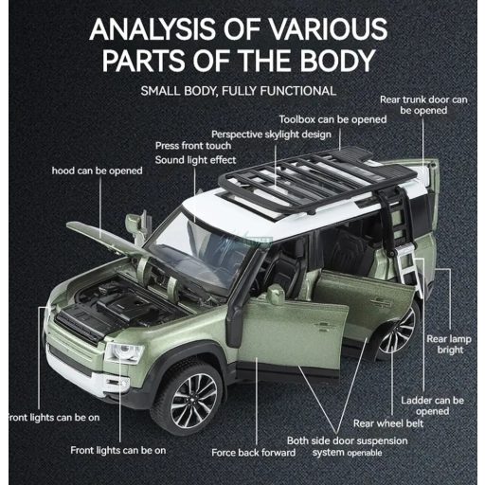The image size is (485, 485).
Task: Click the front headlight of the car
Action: point(124,351)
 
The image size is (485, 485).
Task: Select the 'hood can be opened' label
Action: point(98,171)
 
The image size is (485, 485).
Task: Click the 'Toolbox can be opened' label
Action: point(332,119)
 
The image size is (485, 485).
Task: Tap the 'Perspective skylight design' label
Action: point(271,135)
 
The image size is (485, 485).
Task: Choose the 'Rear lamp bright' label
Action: point(449,345)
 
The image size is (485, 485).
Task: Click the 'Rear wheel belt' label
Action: point(388,423)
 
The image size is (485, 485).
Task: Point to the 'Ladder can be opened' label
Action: point(433,405)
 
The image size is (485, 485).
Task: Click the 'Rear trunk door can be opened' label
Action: point(423,105)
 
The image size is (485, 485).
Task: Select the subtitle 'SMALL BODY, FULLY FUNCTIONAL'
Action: point(239,91)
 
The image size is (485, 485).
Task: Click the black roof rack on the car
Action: point(315,180)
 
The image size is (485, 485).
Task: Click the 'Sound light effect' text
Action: point(195,160)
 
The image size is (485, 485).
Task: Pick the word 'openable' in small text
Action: point(365,453)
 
